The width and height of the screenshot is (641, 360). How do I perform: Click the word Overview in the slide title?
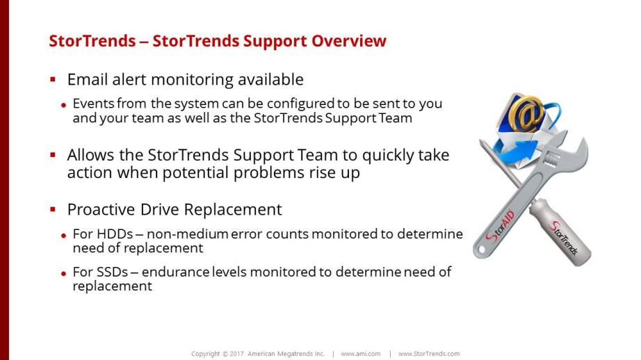[x=349, y=41]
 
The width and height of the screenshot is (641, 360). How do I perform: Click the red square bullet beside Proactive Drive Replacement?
[x=53, y=210]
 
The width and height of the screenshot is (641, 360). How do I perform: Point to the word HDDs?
[x=115, y=234]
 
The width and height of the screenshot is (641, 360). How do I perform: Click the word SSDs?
[x=112, y=272]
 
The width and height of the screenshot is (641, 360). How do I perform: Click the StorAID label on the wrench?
[x=500, y=227]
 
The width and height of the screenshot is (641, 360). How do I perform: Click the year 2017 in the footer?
[x=236, y=354]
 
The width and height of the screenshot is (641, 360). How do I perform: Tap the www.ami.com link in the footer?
[x=361, y=354]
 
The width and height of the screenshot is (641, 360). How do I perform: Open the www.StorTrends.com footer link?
[x=429, y=354]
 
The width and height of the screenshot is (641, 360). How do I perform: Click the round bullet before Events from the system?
[x=63, y=106]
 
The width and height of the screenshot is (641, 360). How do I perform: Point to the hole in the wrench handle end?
[x=482, y=249]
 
